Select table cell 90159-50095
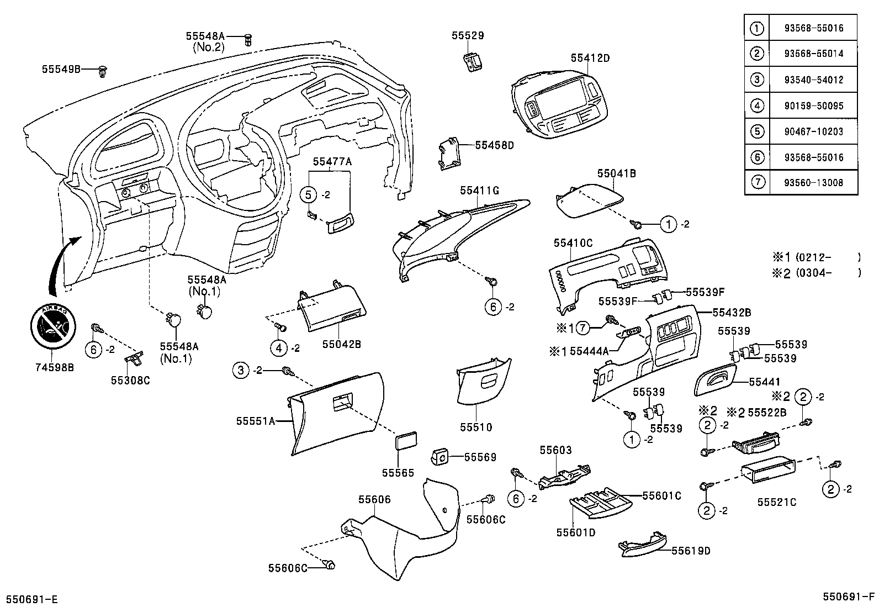point(813,105)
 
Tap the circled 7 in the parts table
point(757,182)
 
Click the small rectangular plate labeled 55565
point(406,442)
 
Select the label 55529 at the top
point(467,35)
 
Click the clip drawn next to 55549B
point(103,70)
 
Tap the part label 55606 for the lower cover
point(374,499)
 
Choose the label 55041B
point(616,173)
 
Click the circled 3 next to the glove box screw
point(241,370)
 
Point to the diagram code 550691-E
point(32,599)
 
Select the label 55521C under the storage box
point(776,502)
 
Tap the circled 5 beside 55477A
point(309,194)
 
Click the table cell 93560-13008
point(813,182)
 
